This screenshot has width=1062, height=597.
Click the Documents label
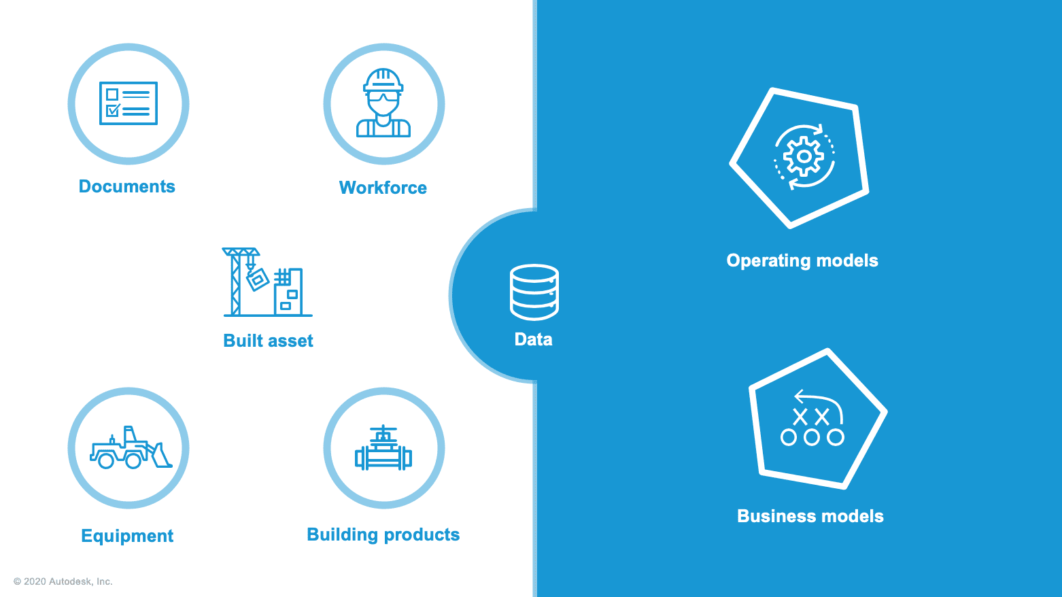[126, 186]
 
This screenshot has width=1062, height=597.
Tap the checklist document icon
[129, 103]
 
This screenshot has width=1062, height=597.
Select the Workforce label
[383, 188]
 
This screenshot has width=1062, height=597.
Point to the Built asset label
[268, 341]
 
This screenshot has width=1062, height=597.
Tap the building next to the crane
[289, 291]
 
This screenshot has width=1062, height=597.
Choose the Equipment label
[127, 536]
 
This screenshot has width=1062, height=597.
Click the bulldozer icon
[131, 447]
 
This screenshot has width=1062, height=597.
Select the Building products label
[383, 534]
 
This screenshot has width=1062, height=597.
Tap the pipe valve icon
[383, 448]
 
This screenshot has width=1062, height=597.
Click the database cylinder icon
[534, 292]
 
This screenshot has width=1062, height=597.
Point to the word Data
[533, 339]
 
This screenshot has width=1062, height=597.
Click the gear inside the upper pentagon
[804, 156]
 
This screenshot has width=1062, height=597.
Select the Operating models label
[802, 261]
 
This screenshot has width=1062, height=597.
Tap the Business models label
[810, 516]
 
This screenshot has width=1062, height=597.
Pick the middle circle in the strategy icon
[812, 437]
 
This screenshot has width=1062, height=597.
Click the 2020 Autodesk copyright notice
[63, 581]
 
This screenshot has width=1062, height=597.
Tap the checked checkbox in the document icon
[113, 110]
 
